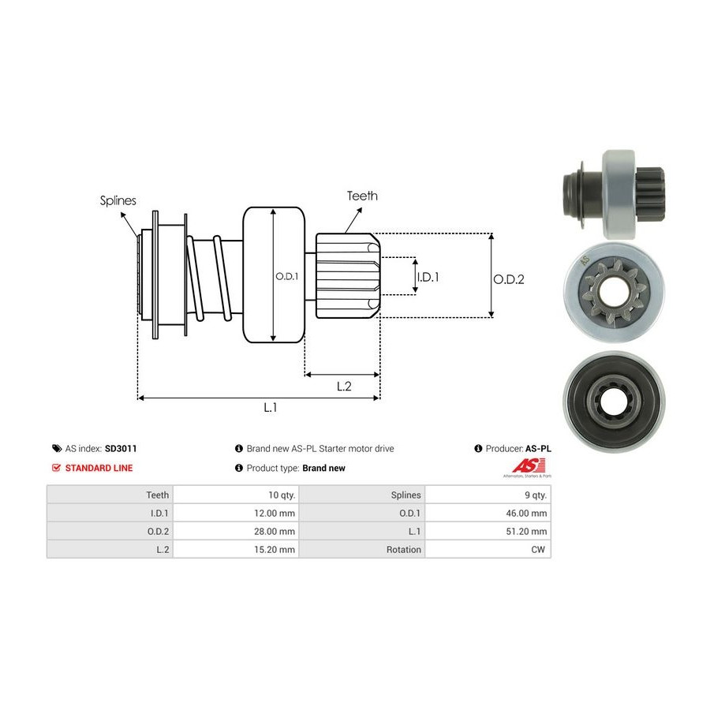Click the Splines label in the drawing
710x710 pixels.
pyautogui.click(x=118, y=200)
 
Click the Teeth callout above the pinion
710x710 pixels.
pyautogui.click(x=362, y=196)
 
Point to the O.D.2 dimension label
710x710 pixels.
pyautogui.click(x=509, y=278)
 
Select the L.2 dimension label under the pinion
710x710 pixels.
pyautogui.click(x=344, y=386)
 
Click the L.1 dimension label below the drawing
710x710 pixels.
pyautogui.click(x=271, y=407)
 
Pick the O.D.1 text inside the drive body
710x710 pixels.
pyautogui.click(x=285, y=277)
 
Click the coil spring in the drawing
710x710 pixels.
pyautogui.click(x=211, y=280)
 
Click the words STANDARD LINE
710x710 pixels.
pyautogui.click(x=99, y=468)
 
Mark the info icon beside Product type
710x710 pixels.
pyautogui.click(x=239, y=468)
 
